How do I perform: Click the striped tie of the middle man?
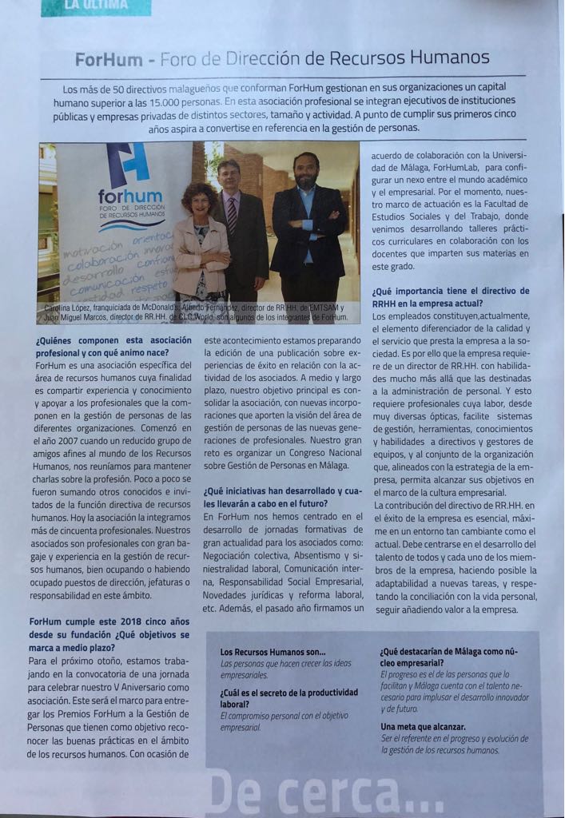tap(232, 214)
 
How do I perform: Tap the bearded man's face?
tap(306, 169)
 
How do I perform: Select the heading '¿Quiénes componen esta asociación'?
tap(113, 339)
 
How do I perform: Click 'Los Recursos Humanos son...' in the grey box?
tap(273, 652)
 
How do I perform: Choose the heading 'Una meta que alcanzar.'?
tap(423, 726)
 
